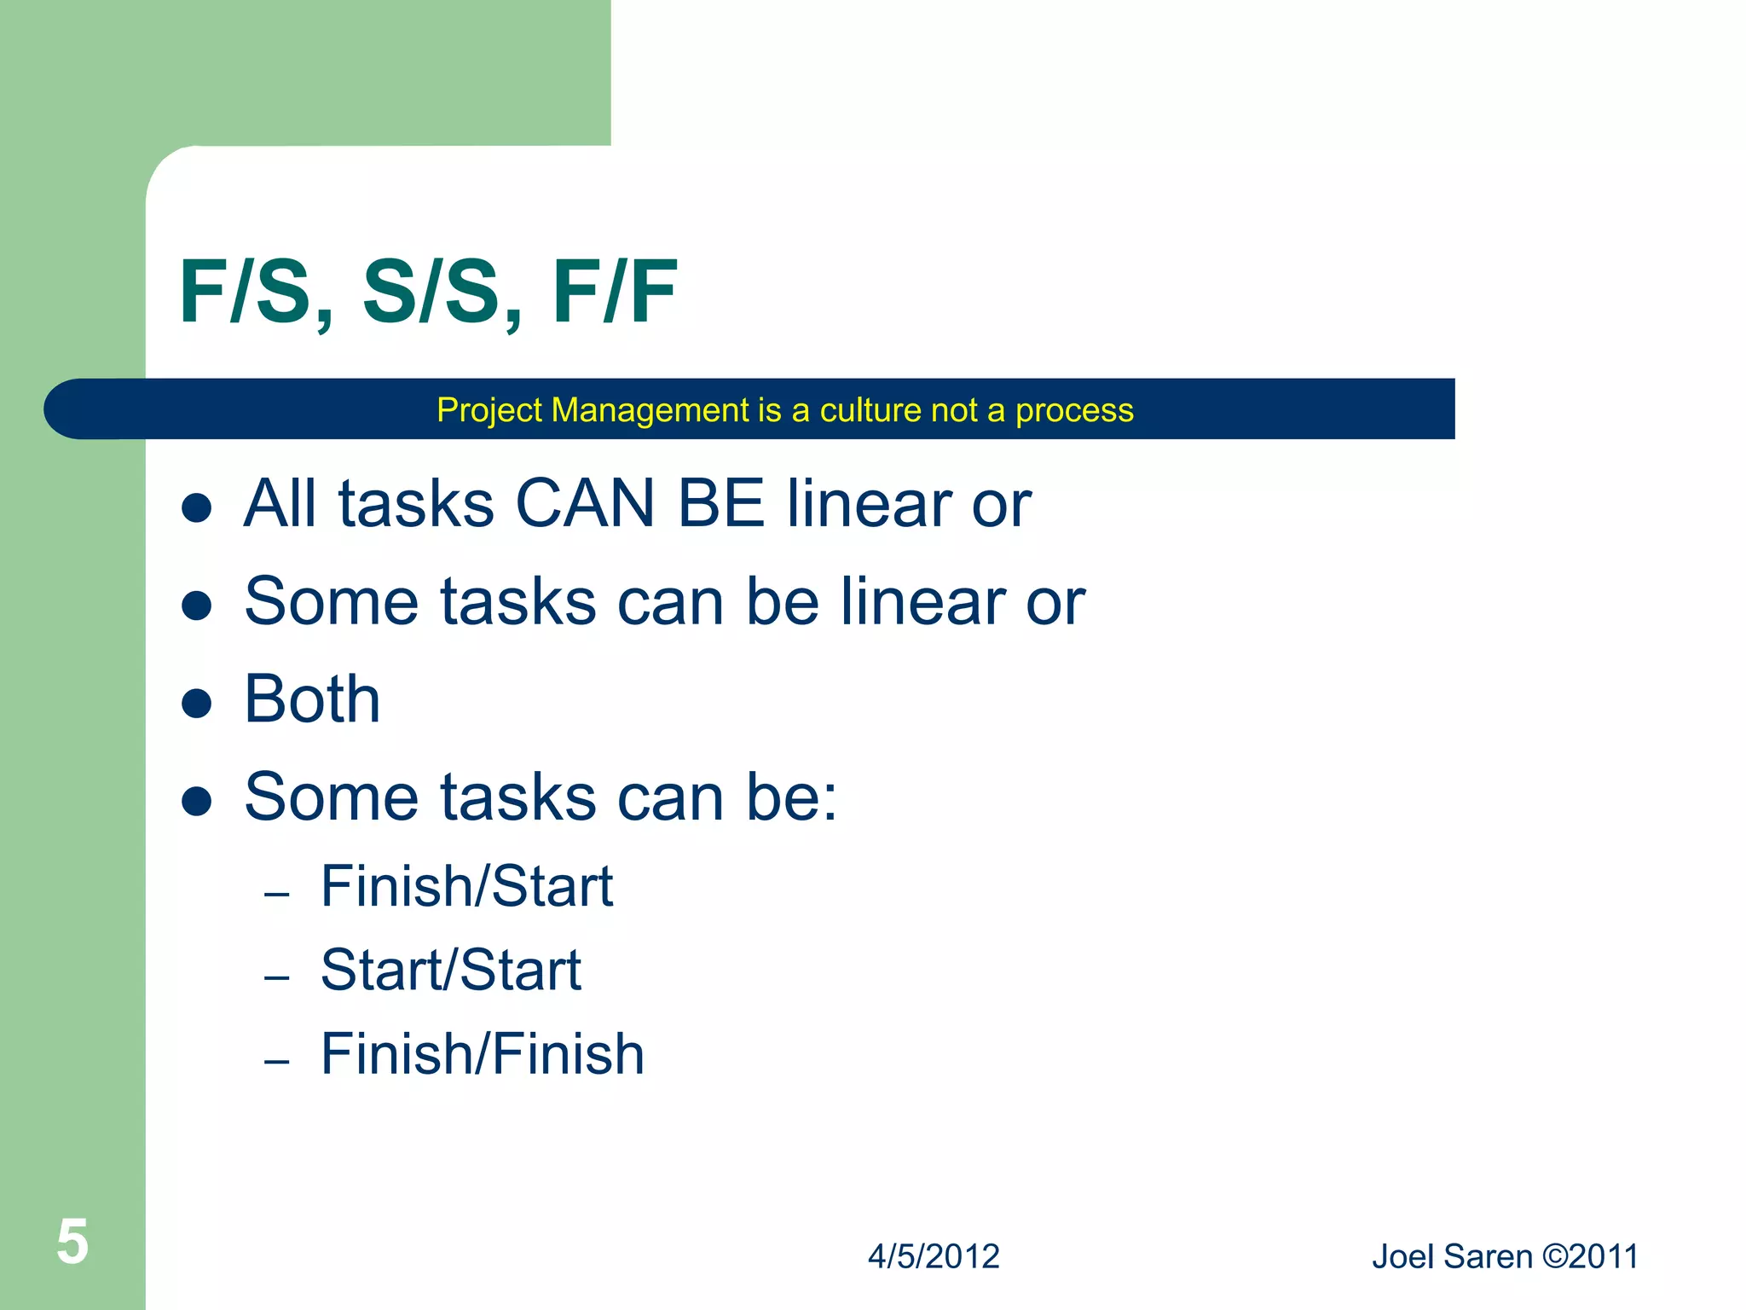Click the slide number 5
[72, 1242]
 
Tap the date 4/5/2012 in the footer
[934, 1257]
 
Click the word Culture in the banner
[870, 411]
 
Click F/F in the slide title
[615, 293]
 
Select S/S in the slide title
[431, 293]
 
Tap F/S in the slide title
[246, 293]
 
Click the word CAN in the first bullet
[585, 504]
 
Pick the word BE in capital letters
[720, 504]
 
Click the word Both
[312, 700]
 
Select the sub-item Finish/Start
[466, 887]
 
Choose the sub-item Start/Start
[450, 971]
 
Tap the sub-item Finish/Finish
[483, 1054]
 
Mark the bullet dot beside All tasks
[197, 508]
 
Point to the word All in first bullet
[280, 504]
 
